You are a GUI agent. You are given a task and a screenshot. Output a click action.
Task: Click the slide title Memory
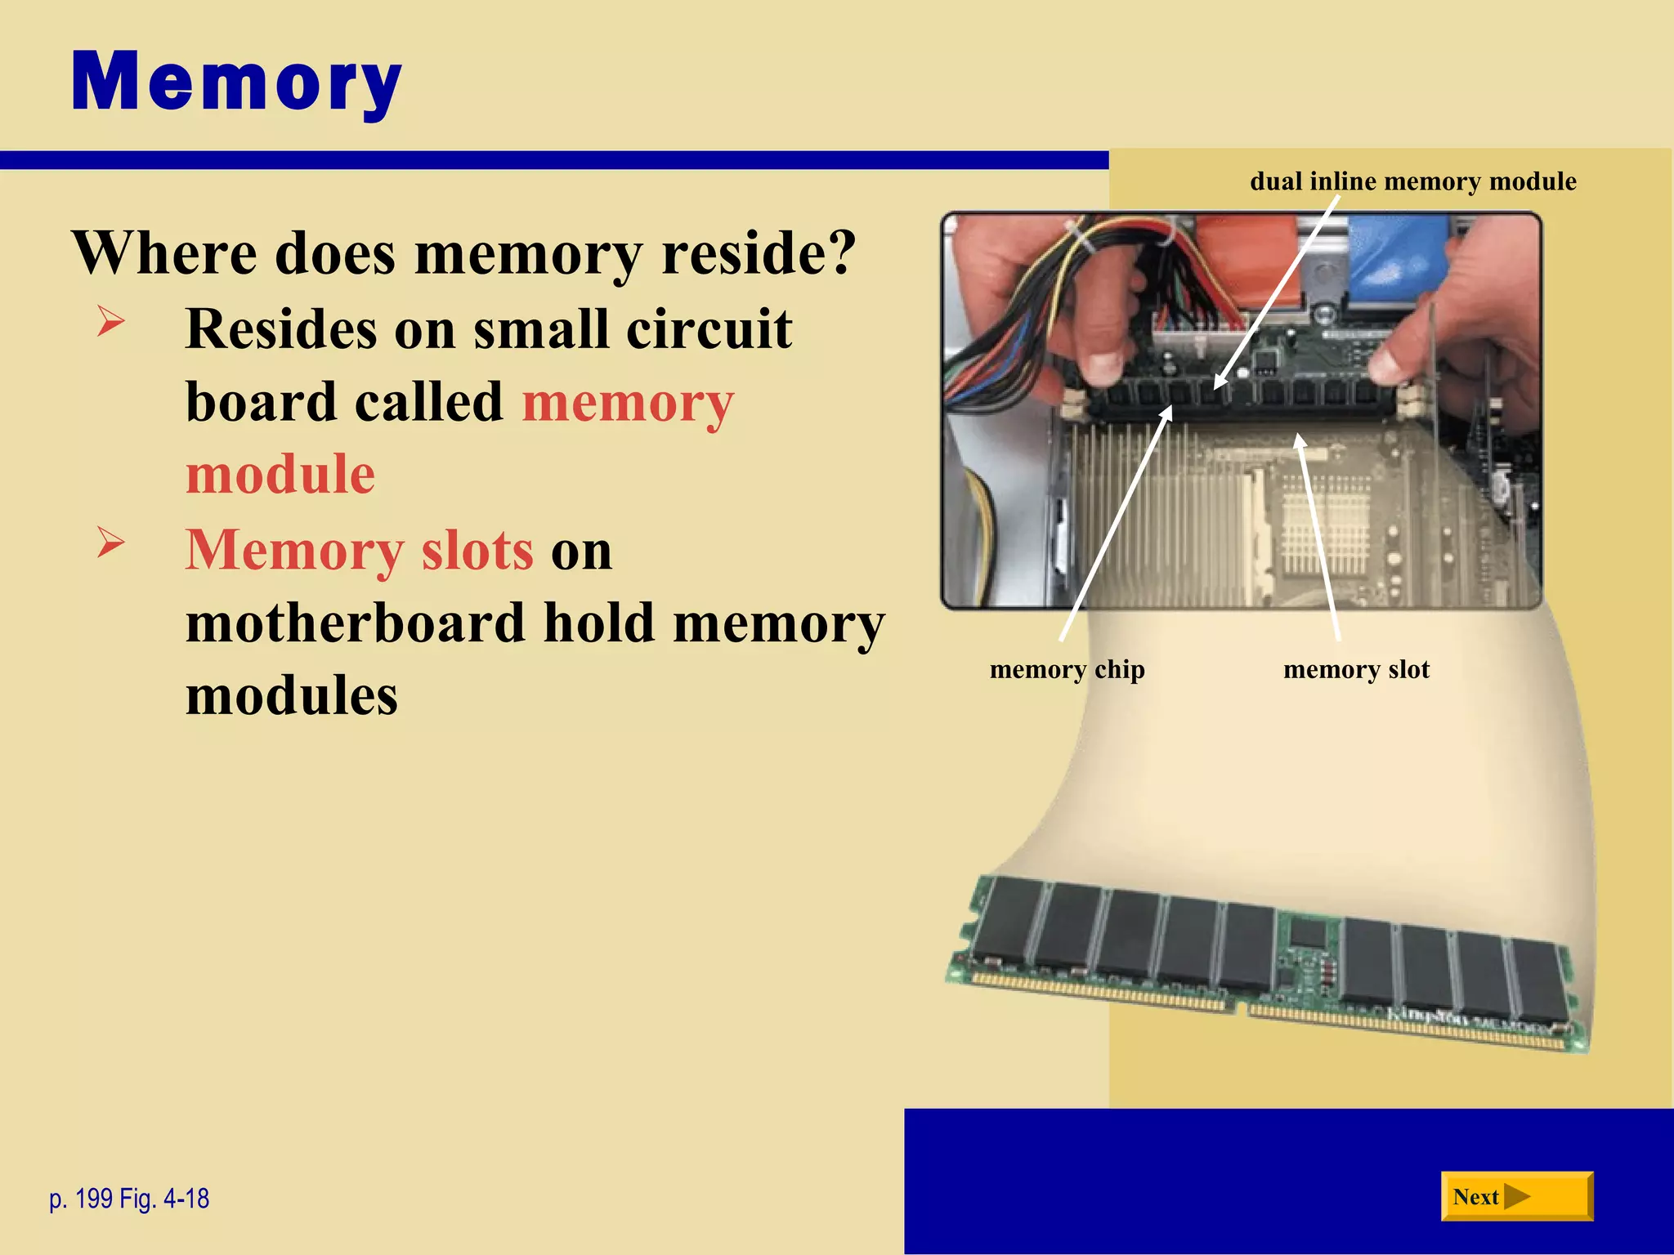coord(236,83)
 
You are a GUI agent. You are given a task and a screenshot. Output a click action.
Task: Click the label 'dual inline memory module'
coord(1412,181)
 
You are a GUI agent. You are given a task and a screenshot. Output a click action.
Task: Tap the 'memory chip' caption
coord(1067,669)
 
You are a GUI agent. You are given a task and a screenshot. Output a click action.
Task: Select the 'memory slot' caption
coord(1356,669)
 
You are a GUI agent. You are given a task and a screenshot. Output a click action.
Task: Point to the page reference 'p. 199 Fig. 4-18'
coord(129,1199)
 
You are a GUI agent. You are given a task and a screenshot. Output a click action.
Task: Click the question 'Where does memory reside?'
coord(463,252)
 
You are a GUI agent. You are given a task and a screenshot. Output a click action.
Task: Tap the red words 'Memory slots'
coord(360,550)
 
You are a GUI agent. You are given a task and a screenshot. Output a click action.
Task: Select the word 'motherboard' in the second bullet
coord(356,623)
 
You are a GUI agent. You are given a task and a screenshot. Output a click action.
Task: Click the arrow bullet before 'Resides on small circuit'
coord(110,320)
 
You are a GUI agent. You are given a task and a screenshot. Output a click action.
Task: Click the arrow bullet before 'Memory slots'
coord(110,542)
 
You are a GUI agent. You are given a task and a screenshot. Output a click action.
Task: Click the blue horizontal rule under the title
coord(554,160)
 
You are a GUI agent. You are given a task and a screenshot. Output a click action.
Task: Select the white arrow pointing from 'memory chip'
coord(1117,523)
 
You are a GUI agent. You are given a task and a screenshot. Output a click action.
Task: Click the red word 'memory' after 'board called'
coord(628,403)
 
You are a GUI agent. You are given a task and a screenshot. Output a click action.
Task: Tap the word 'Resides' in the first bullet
coord(281,329)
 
